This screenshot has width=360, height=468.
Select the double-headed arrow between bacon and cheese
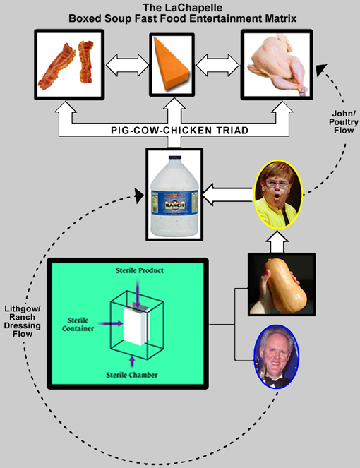coord(127,65)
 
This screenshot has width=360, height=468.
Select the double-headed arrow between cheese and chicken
coord(217,65)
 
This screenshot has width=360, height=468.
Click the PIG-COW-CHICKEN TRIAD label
coord(180,131)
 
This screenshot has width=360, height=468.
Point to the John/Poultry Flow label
coord(344,122)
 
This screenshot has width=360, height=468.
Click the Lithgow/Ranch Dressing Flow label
coord(23,321)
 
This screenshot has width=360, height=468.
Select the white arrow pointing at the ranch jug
coord(227,195)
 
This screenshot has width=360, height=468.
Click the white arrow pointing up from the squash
coord(277,242)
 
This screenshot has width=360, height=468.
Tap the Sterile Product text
coord(140,270)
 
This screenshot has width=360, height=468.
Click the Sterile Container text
coord(78,325)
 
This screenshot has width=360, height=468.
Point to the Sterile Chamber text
coord(132,375)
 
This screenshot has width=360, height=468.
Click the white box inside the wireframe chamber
coord(136,325)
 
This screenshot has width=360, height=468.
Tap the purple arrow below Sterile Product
coord(138,292)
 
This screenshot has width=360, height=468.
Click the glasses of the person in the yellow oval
coord(277,184)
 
